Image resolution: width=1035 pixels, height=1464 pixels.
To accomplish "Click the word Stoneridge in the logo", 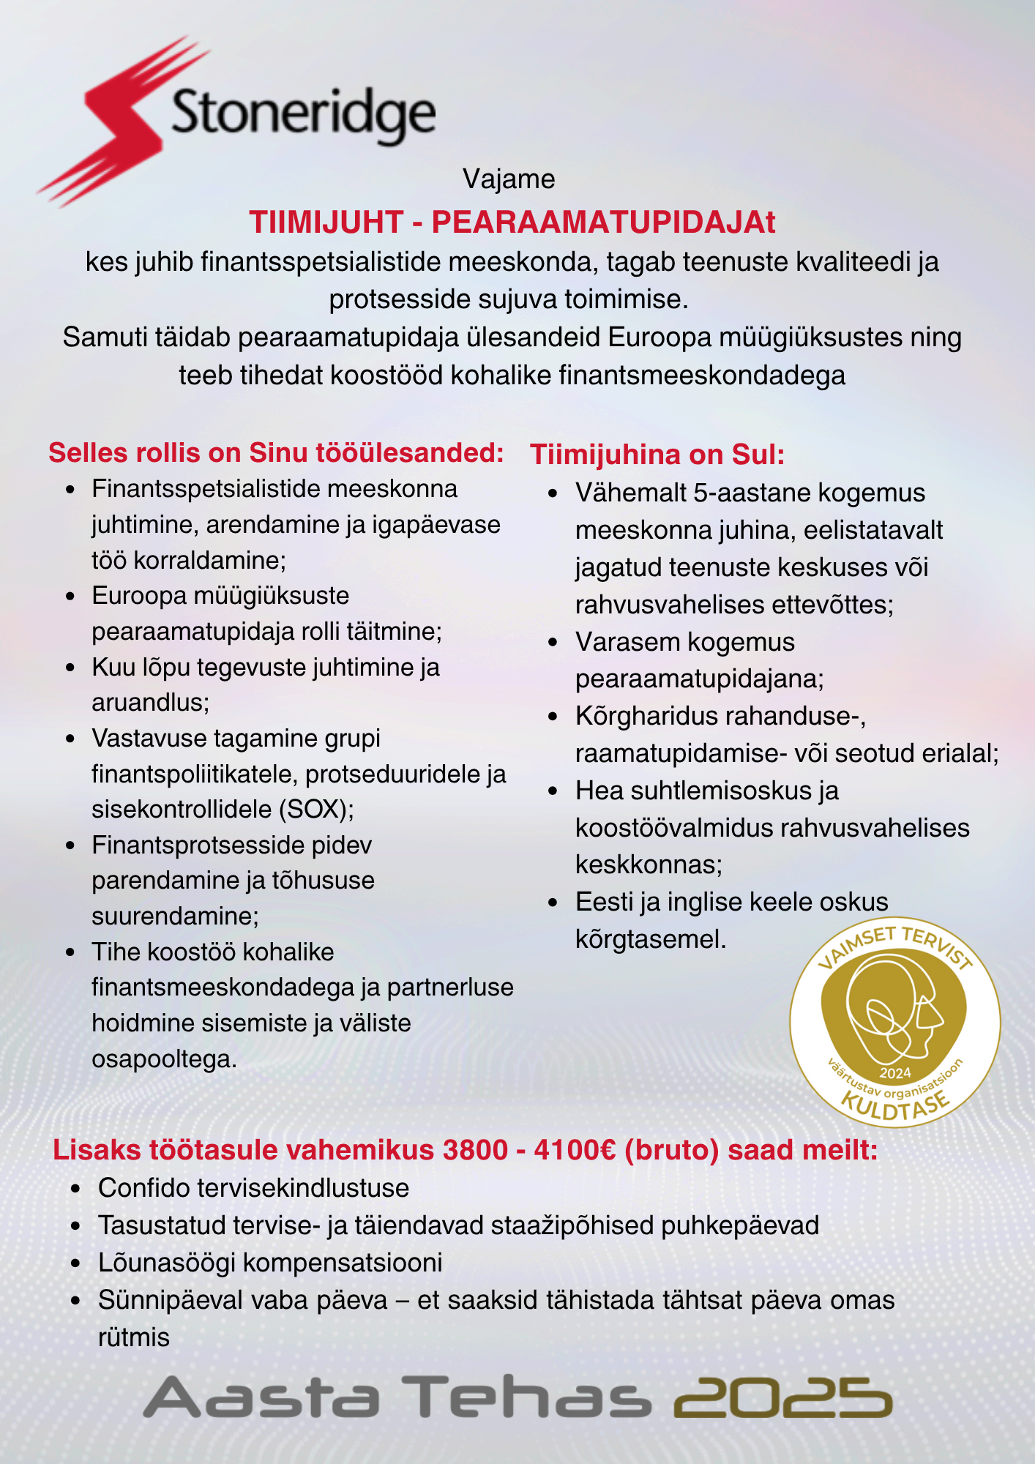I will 303,115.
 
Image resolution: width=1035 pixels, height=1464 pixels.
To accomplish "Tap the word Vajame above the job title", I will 509,179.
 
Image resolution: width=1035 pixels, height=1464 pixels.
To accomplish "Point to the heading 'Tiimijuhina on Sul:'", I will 657,455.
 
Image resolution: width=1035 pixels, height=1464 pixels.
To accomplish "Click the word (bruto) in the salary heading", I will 672,1150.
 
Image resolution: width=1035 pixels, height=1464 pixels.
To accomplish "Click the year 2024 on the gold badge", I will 894,1073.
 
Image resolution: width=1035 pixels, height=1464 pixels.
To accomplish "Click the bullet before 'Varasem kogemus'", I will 553,643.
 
